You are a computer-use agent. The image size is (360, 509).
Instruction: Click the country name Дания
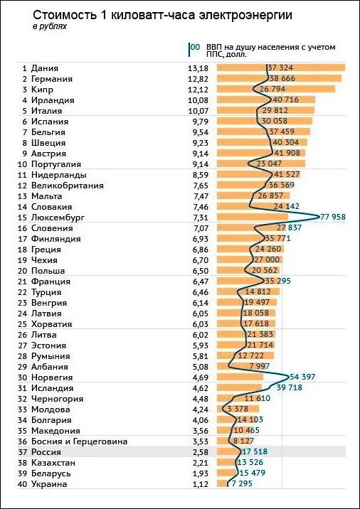tap(45, 68)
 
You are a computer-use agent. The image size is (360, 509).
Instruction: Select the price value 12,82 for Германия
tap(198, 79)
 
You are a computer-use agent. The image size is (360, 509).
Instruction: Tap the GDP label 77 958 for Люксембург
tap(333, 217)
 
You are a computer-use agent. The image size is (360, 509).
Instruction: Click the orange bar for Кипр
tap(276, 89)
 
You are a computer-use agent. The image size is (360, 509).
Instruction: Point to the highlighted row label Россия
tap(46, 452)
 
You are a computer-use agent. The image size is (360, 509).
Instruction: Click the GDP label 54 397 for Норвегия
tap(302, 377)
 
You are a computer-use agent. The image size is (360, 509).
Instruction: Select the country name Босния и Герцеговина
tap(79, 441)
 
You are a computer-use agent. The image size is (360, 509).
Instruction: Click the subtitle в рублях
tap(50, 26)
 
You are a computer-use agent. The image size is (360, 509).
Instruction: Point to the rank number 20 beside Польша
tap(23, 270)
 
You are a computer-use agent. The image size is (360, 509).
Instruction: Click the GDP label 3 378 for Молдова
tap(238, 409)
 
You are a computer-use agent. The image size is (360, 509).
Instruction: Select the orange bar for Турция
tap(248, 292)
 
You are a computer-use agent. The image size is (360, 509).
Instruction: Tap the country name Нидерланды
tap(59, 175)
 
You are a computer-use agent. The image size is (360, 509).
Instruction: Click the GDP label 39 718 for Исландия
tap(289, 387)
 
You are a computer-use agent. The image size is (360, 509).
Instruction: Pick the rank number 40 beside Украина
tap(23, 484)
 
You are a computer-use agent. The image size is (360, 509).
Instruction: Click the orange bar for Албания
tap(243, 367)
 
